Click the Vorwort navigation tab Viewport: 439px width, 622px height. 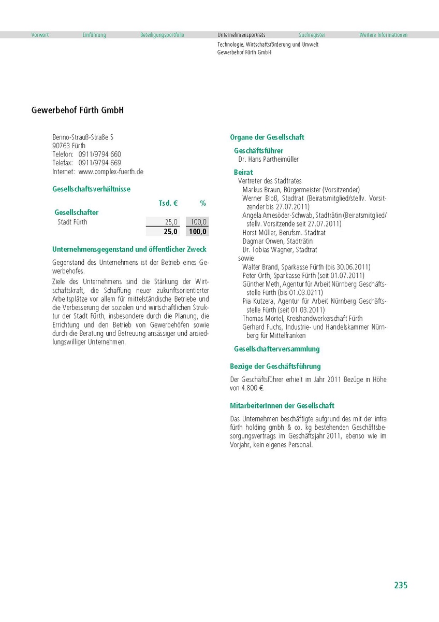tap(40, 35)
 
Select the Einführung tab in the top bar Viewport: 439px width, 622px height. tap(94, 35)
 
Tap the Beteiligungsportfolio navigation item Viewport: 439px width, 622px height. tap(162, 35)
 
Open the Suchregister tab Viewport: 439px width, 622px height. tap(312, 35)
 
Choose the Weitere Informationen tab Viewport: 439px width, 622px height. tap(384, 35)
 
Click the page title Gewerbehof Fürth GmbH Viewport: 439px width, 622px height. tap(78, 110)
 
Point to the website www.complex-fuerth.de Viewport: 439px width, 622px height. tap(111, 172)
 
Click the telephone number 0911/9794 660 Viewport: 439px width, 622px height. tap(100, 154)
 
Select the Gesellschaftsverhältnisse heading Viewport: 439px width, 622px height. tap(92, 189)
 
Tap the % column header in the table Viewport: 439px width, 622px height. tap(203, 204)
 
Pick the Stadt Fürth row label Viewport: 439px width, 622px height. tap(72, 222)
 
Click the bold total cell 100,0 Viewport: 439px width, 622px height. tap(198, 232)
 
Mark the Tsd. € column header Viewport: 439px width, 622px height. tap(168, 204)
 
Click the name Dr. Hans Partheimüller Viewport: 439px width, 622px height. tap(268, 160)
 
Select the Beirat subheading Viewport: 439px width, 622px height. tap(243, 172)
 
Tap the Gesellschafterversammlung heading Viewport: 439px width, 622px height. tap(277, 349)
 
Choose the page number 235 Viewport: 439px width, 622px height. tap(401, 585)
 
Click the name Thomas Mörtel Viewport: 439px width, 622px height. tap(262, 318)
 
